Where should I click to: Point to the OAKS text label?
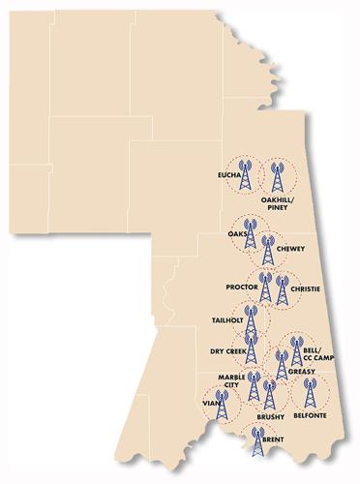coord(237,234)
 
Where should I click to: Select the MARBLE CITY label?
coord(228,380)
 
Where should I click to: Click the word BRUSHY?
coord(270,416)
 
